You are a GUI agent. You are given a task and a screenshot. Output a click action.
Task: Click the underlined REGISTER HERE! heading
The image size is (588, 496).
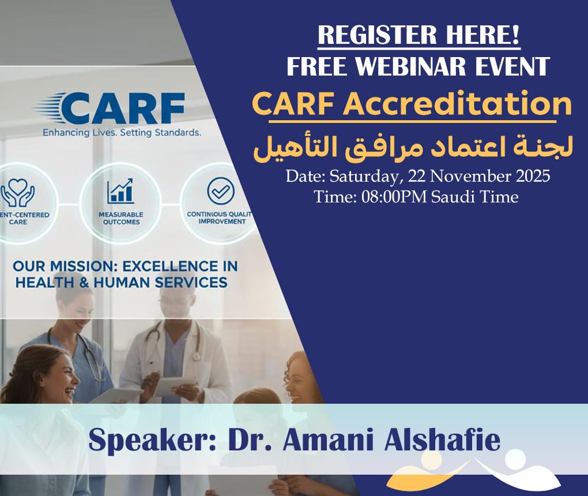(419, 36)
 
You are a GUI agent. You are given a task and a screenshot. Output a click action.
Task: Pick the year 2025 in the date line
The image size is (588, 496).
(529, 176)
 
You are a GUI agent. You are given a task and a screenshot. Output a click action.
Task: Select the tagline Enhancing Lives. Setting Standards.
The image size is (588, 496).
(122, 133)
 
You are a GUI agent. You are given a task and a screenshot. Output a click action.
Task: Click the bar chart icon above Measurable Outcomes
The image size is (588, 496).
(120, 191)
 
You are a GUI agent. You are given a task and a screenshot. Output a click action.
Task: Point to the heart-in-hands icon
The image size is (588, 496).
(17, 194)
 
